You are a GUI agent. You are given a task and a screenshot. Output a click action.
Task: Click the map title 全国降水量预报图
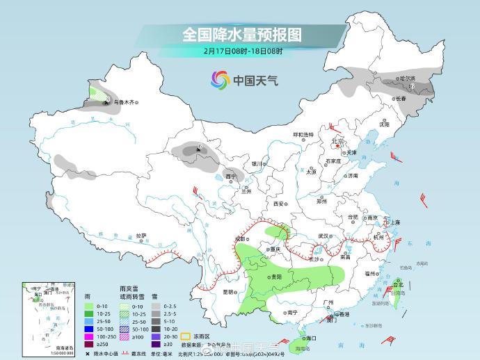[x=241, y=34]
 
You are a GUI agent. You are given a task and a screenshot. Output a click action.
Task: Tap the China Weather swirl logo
[x=221, y=80]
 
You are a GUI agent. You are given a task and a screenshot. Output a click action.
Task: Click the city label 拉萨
[x=141, y=236]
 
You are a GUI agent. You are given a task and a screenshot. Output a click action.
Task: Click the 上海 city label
[x=395, y=222]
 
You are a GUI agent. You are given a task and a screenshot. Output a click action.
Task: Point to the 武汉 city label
[x=323, y=236]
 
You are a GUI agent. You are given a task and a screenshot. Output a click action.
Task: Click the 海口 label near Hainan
[x=310, y=338]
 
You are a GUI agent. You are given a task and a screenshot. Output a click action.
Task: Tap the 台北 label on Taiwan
[x=398, y=285]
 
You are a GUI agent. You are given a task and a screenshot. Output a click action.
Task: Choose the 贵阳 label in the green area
[x=277, y=277]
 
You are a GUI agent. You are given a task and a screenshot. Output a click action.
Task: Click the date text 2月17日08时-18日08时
[x=243, y=51]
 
